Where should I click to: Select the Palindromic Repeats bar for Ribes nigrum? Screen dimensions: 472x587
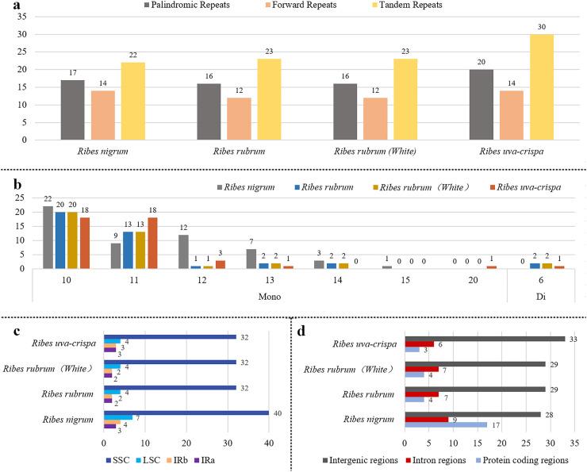pos(73,109)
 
